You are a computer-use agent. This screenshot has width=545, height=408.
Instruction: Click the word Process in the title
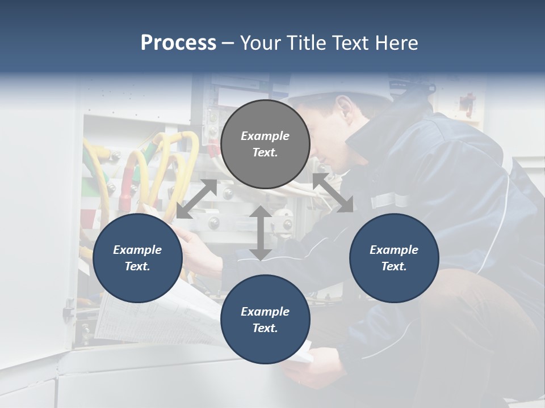178,43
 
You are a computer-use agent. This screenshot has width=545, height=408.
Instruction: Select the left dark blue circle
137,258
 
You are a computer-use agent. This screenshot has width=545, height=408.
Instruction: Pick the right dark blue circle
394,258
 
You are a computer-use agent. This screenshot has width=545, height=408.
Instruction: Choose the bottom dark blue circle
265,319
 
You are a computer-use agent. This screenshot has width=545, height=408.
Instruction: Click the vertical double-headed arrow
261,233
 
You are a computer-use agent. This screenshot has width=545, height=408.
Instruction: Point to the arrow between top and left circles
196,199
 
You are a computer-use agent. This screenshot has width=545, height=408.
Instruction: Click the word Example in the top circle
265,136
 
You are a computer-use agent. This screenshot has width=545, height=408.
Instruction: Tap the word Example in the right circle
394,250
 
